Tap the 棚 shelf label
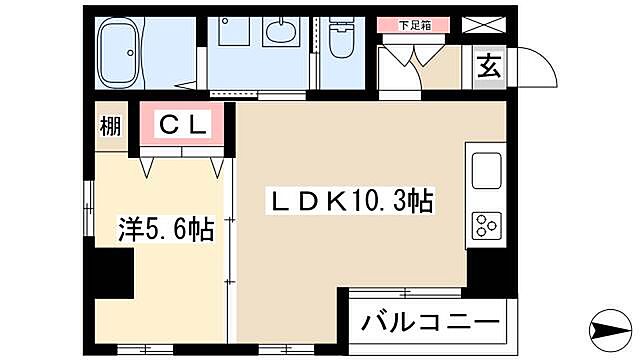110,126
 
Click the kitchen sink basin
485,169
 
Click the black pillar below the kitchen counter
487,268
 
